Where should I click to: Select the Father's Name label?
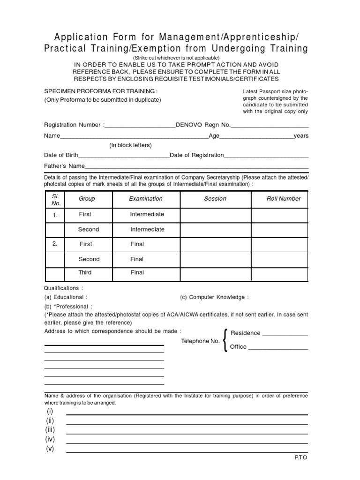click(64, 166)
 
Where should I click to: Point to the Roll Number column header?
click(284, 199)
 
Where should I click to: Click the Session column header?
click(215, 199)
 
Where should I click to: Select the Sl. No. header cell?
click(56, 200)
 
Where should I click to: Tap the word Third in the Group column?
click(85, 272)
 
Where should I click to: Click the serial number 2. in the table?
click(55, 244)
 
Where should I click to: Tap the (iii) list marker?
click(50, 430)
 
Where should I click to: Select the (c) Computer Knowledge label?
click(214, 297)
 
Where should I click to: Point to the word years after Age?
click(301, 136)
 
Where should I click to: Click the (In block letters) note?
click(130, 145)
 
